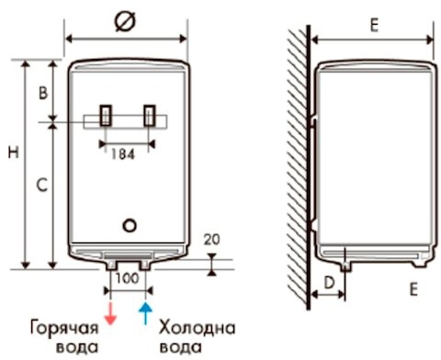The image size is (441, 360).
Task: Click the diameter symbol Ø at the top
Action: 125,21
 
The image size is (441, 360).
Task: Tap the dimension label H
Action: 14,152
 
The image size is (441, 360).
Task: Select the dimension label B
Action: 43,93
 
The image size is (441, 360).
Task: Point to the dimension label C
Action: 42,185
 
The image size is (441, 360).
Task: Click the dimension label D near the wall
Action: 329,283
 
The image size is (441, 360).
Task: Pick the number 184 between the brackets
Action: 122,154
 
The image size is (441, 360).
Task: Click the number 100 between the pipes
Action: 128,278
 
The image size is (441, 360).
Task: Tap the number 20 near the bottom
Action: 212,240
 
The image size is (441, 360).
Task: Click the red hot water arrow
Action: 110,314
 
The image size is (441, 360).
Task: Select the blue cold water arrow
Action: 145,313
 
